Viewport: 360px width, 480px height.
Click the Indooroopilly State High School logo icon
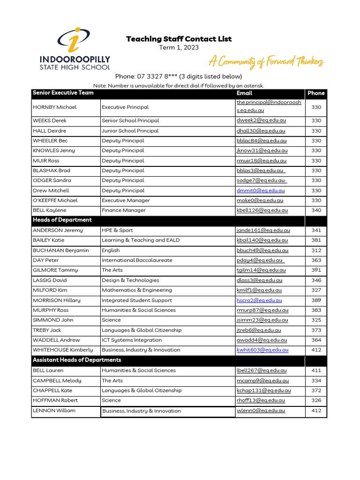(75, 39)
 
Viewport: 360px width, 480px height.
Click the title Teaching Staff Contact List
(179, 39)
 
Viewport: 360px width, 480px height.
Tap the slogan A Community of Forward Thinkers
(266, 61)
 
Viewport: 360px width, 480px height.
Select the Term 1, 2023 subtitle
(179, 47)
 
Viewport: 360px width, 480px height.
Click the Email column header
(244, 93)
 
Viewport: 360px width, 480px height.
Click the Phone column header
(316, 93)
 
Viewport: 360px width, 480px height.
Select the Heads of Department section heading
(62, 220)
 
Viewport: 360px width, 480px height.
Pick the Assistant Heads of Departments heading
(77, 360)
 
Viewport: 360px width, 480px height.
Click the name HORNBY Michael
(54, 107)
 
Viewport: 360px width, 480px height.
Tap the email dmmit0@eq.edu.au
(261, 190)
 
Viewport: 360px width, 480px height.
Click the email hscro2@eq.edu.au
(259, 300)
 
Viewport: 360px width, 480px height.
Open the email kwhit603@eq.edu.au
(262, 350)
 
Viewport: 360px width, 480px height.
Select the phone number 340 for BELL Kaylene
(316, 210)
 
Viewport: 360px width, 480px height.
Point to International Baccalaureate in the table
(137, 260)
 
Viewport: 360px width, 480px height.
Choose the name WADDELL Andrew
(56, 340)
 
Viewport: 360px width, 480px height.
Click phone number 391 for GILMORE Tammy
(316, 270)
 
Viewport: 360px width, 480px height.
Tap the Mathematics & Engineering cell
(137, 290)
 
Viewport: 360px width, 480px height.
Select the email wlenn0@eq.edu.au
(261, 411)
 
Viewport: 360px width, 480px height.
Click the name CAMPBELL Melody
(57, 381)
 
